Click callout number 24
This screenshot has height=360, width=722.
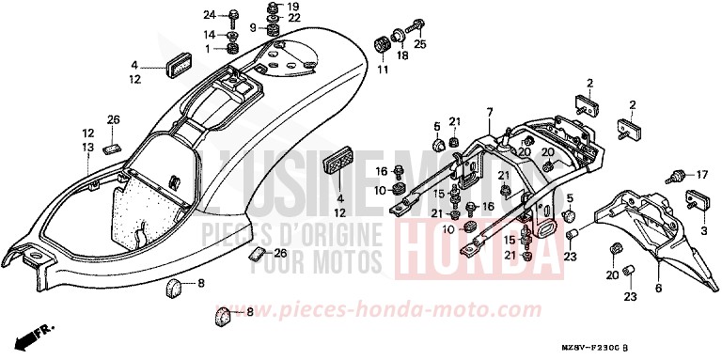click(210, 14)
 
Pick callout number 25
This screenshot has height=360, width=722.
click(420, 43)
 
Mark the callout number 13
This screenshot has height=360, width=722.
click(86, 147)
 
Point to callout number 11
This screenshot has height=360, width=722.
click(383, 69)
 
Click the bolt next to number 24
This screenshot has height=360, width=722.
click(233, 16)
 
